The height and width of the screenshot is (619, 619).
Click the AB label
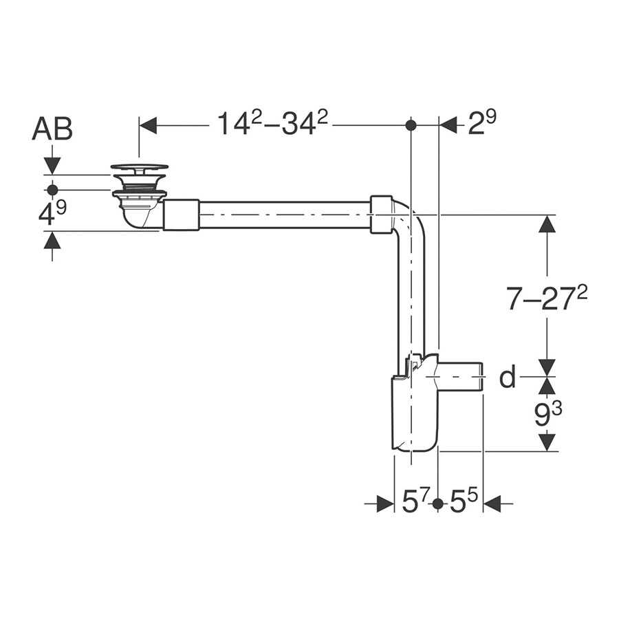pyautogui.click(x=52, y=129)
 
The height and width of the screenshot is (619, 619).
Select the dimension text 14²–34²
pyautogui.click(x=272, y=123)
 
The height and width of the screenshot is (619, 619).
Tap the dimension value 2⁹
pyautogui.click(x=482, y=123)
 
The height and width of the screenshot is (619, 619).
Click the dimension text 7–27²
pyautogui.click(x=547, y=297)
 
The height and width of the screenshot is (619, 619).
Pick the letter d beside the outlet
pyautogui.click(x=508, y=377)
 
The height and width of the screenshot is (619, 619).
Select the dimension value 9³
pyautogui.click(x=548, y=415)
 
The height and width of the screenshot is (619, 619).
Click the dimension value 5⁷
pyautogui.click(x=415, y=501)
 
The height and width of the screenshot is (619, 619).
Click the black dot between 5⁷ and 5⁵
pyautogui.click(x=438, y=504)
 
